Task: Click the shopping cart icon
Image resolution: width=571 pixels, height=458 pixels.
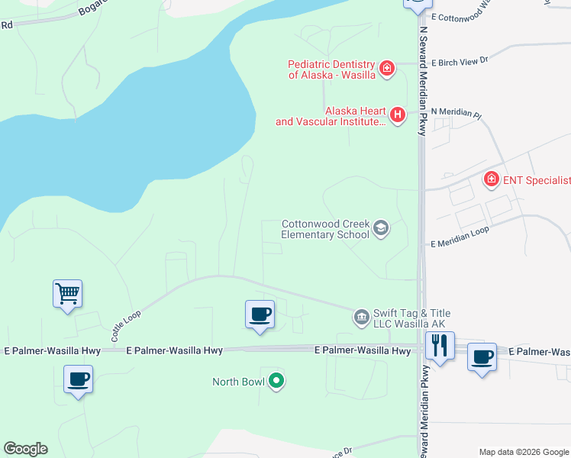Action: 67,293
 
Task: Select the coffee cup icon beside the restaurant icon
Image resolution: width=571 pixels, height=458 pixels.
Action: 482,356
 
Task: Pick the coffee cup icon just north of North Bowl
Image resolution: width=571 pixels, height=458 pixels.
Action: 260,314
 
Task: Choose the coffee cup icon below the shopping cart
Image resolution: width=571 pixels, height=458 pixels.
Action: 78,379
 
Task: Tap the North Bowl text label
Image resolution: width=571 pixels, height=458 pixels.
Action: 238,382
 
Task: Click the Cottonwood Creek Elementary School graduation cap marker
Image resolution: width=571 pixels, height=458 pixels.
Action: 381,228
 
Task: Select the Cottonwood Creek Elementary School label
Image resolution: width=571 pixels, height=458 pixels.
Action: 324,229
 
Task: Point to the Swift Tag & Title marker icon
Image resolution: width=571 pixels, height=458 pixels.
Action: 362,317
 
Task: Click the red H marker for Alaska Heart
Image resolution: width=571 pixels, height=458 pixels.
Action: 397,115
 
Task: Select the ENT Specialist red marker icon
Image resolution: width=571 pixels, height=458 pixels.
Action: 492,180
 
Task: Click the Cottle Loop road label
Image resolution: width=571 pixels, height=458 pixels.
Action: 127,318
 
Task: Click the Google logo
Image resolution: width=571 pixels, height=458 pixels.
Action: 25,449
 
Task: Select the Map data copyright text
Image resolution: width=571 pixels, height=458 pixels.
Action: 523,452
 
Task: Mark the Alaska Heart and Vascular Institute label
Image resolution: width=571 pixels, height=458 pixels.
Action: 331,116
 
